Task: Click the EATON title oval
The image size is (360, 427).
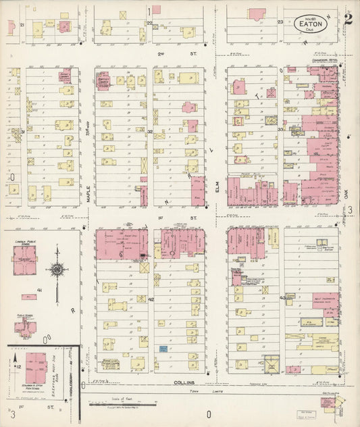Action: pyautogui.click(x=311, y=22)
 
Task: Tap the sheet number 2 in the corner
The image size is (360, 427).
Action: pyautogui.click(x=347, y=19)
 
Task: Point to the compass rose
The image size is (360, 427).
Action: pyautogui.click(x=58, y=270)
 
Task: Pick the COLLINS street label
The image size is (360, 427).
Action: pyautogui.click(x=183, y=382)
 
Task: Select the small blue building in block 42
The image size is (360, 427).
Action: pyautogui.click(x=163, y=349)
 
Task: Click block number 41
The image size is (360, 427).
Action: pyautogui.click(x=40, y=290)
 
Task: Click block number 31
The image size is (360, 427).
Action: pyautogui.click(x=22, y=132)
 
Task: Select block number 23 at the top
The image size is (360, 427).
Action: pyautogui.click(x=280, y=22)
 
